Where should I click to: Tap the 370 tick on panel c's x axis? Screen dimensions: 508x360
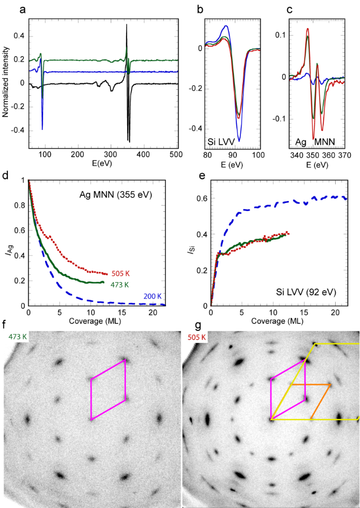[344, 155]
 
